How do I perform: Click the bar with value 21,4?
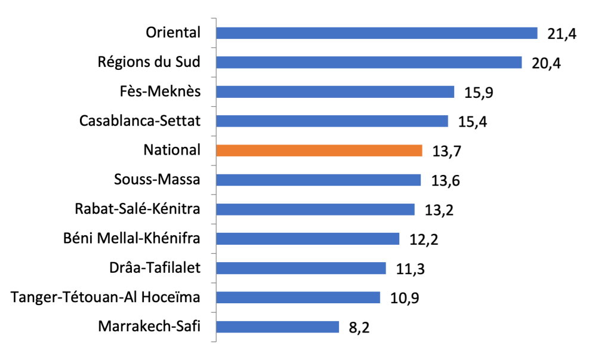point(377,33)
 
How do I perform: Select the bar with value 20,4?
point(369,63)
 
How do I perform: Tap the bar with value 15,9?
point(335,92)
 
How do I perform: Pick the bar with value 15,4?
point(332,121)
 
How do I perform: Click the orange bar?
point(319,150)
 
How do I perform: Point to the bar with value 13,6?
point(318,180)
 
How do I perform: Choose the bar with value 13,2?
point(315,210)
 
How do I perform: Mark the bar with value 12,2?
point(307,239)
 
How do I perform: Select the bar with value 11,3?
point(301,268)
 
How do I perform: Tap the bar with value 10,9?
point(298,297)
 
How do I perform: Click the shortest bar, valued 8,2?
point(277,327)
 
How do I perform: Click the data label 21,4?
point(562,34)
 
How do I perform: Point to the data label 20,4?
point(547,63)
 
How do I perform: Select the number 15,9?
point(479,93)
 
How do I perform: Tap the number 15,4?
point(473,122)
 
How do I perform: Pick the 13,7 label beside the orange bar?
point(447,152)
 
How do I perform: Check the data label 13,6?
point(446,181)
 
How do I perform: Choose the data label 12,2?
point(424,239)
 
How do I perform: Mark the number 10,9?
point(405,298)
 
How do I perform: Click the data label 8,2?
point(359,328)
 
